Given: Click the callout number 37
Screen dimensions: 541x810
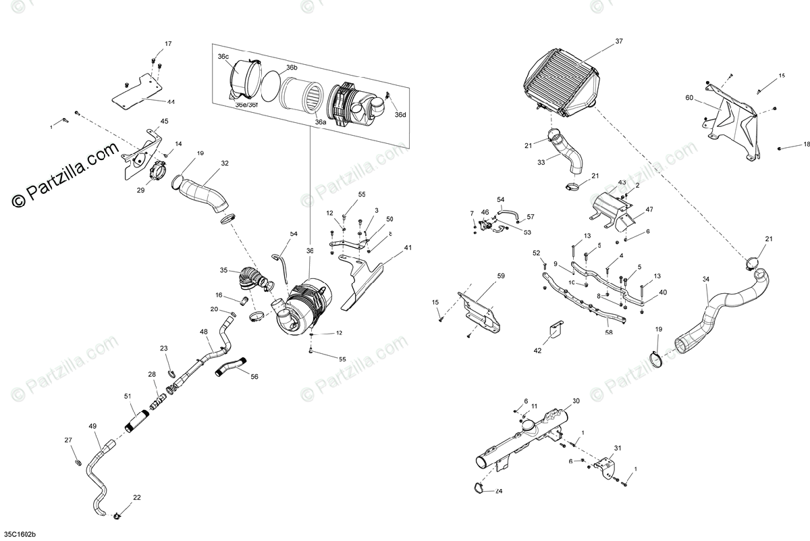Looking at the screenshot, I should pyautogui.click(x=619, y=42).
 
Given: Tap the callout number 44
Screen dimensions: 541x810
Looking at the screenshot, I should pyautogui.click(x=171, y=102).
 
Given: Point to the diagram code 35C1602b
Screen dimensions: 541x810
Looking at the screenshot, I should pyautogui.click(x=20, y=533).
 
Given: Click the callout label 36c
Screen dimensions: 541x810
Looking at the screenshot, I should pyautogui.click(x=223, y=57).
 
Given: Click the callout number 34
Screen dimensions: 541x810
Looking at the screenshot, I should pyautogui.click(x=705, y=279).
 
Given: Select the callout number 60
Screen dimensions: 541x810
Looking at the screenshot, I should pyautogui.click(x=688, y=98).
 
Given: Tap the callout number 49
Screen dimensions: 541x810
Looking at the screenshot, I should pyautogui.click(x=93, y=426).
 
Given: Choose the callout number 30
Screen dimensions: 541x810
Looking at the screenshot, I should pyautogui.click(x=576, y=401).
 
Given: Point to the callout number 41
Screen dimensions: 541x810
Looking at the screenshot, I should pyautogui.click(x=408, y=248).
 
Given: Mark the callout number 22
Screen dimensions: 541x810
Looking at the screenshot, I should pyautogui.click(x=137, y=498).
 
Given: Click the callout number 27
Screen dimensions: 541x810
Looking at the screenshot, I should pyautogui.click(x=68, y=440).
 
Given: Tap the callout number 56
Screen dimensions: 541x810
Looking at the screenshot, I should pyautogui.click(x=254, y=377).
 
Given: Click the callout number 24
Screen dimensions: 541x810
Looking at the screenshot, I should pyautogui.click(x=499, y=491).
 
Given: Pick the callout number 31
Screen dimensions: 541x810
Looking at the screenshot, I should pyautogui.click(x=617, y=448).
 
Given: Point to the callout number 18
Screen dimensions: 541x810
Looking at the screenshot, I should pyautogui.click(x=806, y=145).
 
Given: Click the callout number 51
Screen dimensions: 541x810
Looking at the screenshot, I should pyautogui.click(x=128, y=396).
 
